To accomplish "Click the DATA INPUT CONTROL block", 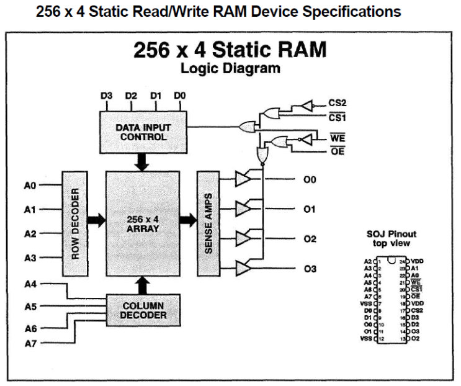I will coord(143,132).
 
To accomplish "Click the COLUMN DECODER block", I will coord(143,310).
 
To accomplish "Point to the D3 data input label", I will coord(107,96).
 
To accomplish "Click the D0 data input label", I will coord(181,96).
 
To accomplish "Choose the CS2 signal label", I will coord(336,102).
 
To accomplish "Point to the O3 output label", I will coord(310,268).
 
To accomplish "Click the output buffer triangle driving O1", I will coord(243,209).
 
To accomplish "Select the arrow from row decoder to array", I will coord(96,219).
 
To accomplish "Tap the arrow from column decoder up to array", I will coord(143,284).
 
